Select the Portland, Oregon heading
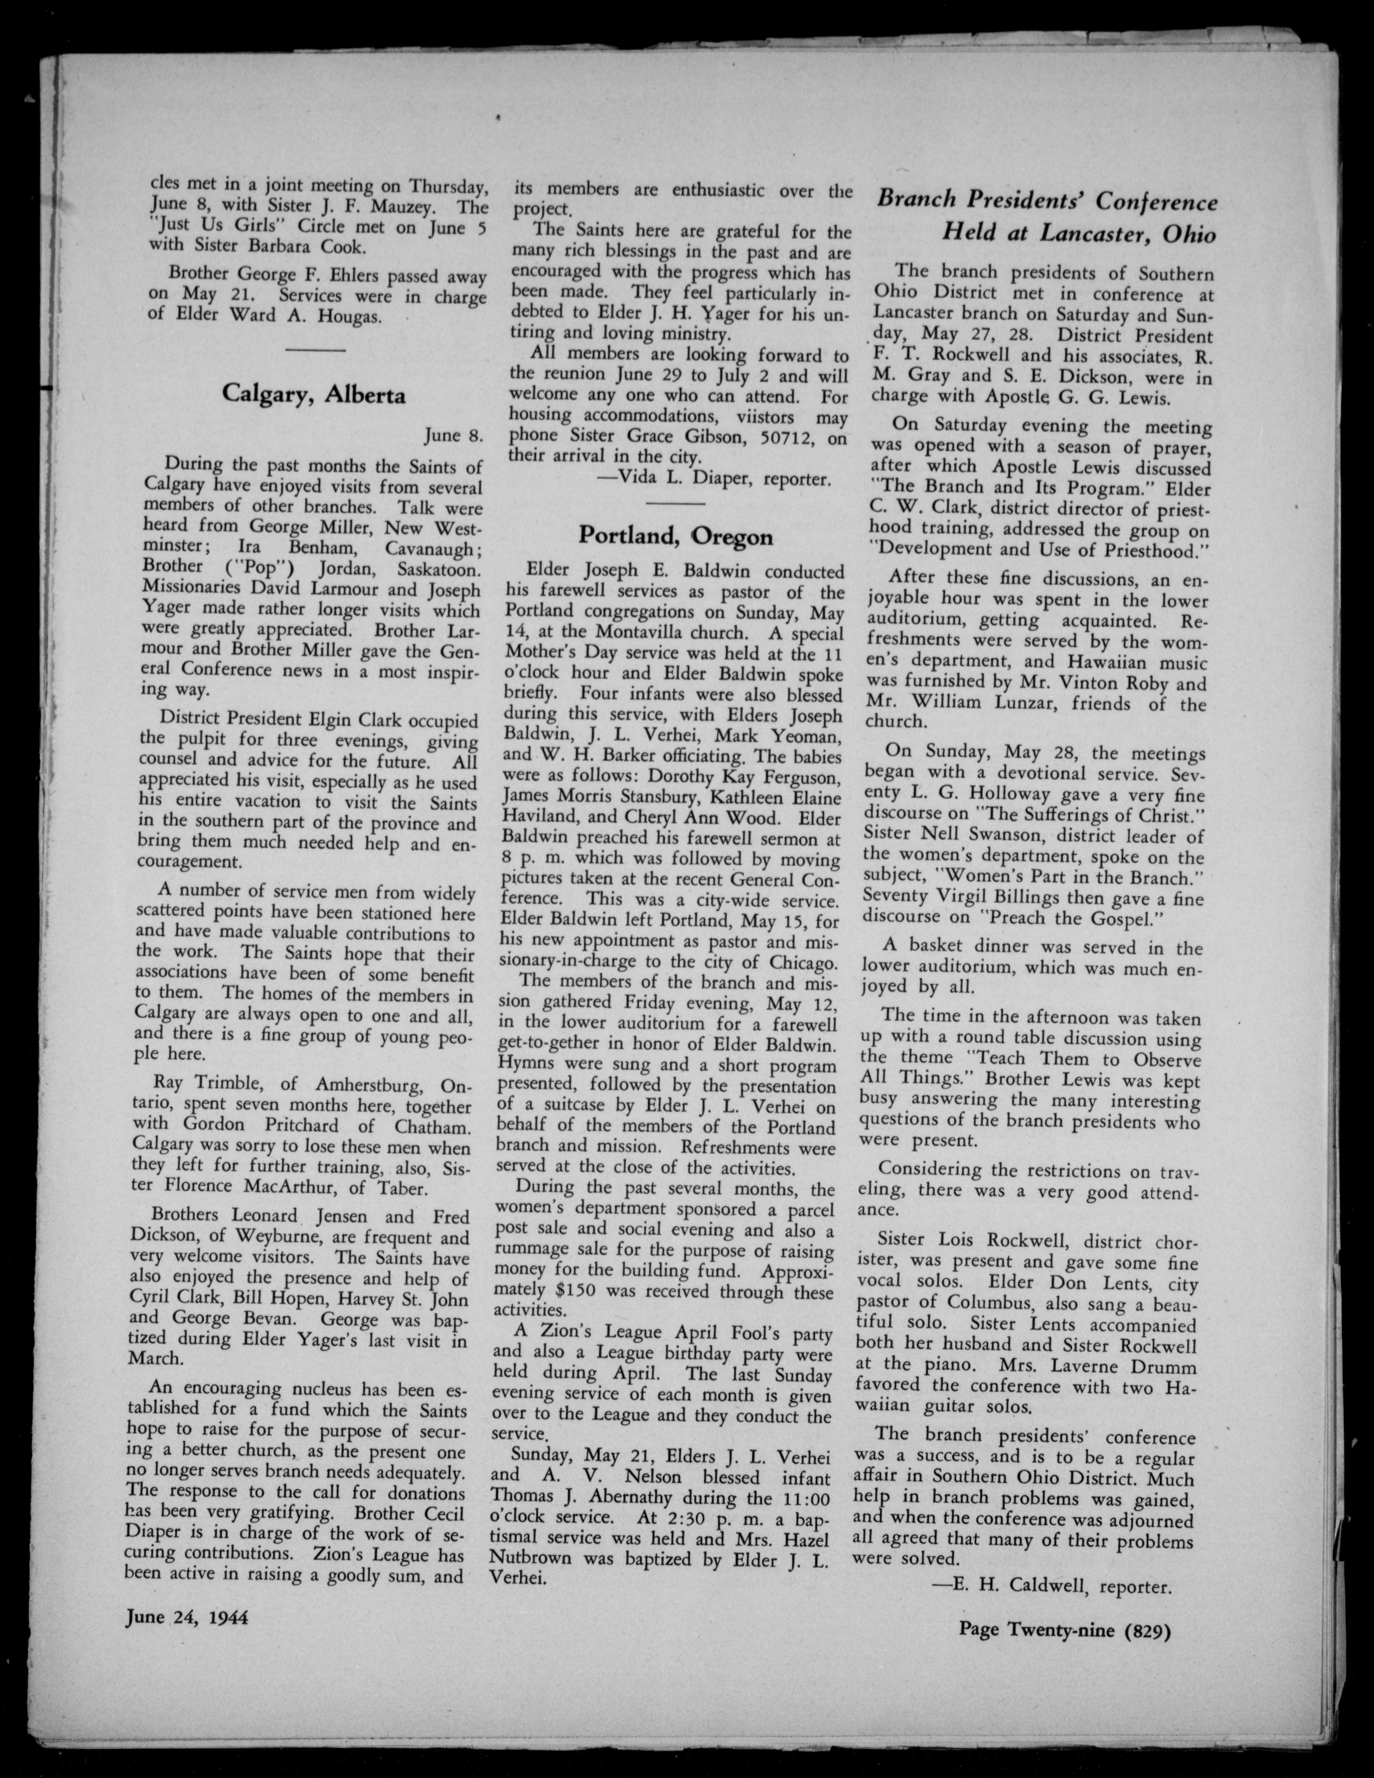pyautogui.click(x=676, y=536)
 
